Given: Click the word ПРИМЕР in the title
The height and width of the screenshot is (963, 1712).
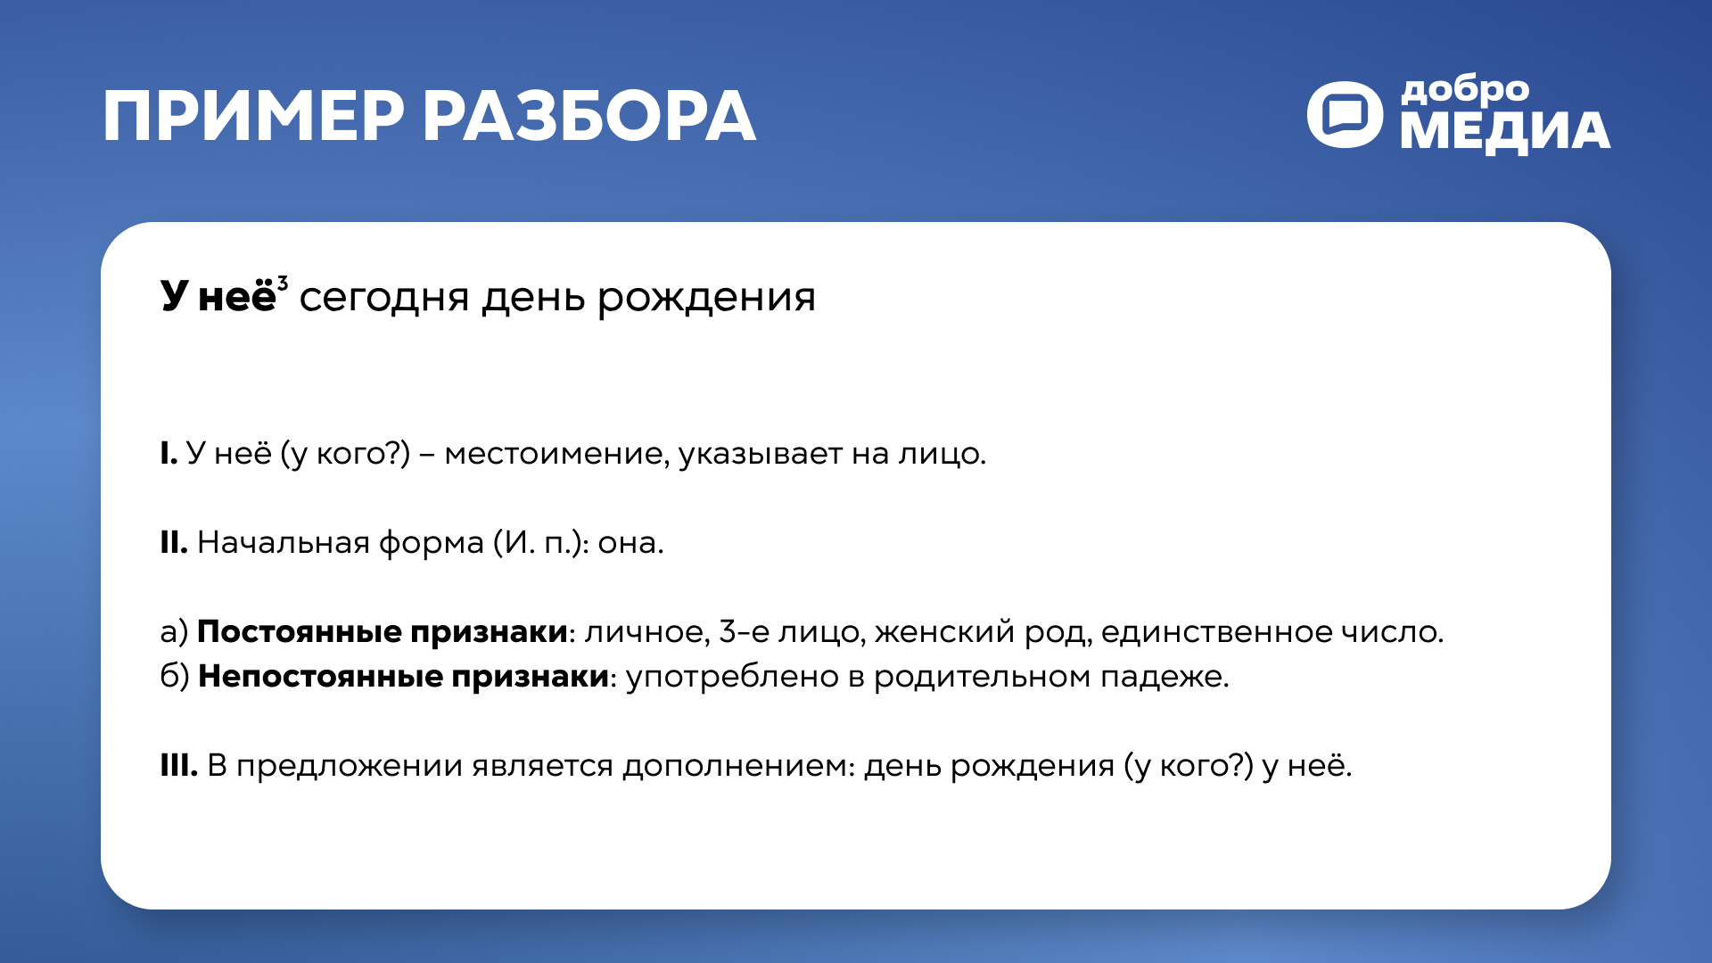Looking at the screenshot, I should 253,117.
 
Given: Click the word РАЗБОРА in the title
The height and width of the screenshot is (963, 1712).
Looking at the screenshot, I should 588,117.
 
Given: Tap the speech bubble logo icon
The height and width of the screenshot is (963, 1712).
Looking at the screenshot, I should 1345,115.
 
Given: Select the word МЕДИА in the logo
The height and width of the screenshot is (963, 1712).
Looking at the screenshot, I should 1505,132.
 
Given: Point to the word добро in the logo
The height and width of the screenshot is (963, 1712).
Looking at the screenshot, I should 1464,90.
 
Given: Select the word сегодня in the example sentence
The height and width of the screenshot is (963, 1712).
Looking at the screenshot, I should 383,297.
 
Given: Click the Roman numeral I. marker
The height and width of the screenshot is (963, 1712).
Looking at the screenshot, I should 169,454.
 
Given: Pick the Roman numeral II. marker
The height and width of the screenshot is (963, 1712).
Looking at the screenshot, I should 173,542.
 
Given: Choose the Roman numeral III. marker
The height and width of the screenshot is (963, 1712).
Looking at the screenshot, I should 178,765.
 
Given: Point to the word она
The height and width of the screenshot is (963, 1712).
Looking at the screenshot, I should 629,543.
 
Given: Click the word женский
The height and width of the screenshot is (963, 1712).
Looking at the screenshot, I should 944,632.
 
